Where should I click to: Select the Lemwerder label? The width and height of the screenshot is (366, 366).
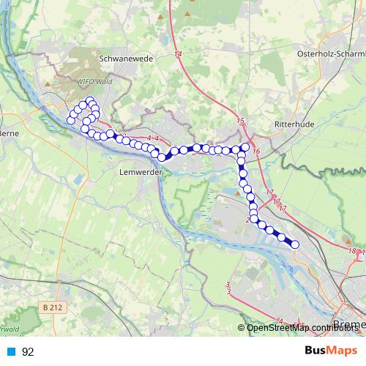point(139,173)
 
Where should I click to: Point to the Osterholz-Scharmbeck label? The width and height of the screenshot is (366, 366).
point(332,55)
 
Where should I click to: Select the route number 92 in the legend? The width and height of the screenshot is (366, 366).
point(28,351)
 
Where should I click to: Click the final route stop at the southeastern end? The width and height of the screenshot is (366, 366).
point(295,244)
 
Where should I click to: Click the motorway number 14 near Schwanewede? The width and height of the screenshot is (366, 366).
point(179,54)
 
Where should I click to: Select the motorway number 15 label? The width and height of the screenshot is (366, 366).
point(241,120)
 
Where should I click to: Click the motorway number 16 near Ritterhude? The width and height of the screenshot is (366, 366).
point(256,151)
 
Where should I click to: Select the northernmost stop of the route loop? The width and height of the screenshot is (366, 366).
point(90,101)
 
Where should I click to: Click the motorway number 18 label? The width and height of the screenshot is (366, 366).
point(352,251)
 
